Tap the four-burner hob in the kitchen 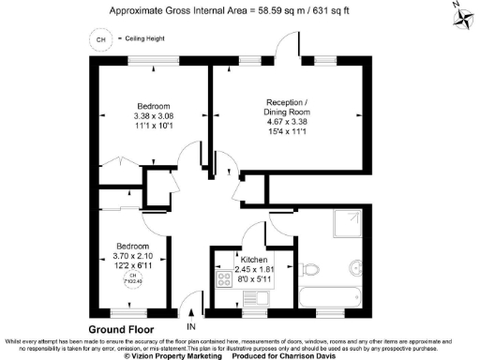[225, 279]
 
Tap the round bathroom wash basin [358, 264]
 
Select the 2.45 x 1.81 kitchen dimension [255, 269]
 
